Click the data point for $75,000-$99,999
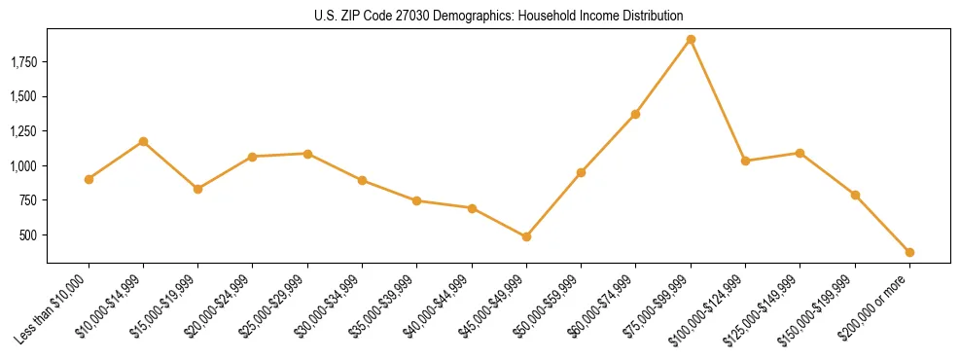point(691,40)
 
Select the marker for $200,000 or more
point(909,252)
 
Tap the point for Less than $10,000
point(89,179)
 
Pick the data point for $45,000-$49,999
point(526,236)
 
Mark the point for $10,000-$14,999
point(143,141)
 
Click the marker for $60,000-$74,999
point(635,114)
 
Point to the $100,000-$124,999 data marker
point(745,161)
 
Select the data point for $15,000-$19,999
point(197,189)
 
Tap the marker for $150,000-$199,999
point(855,195)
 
